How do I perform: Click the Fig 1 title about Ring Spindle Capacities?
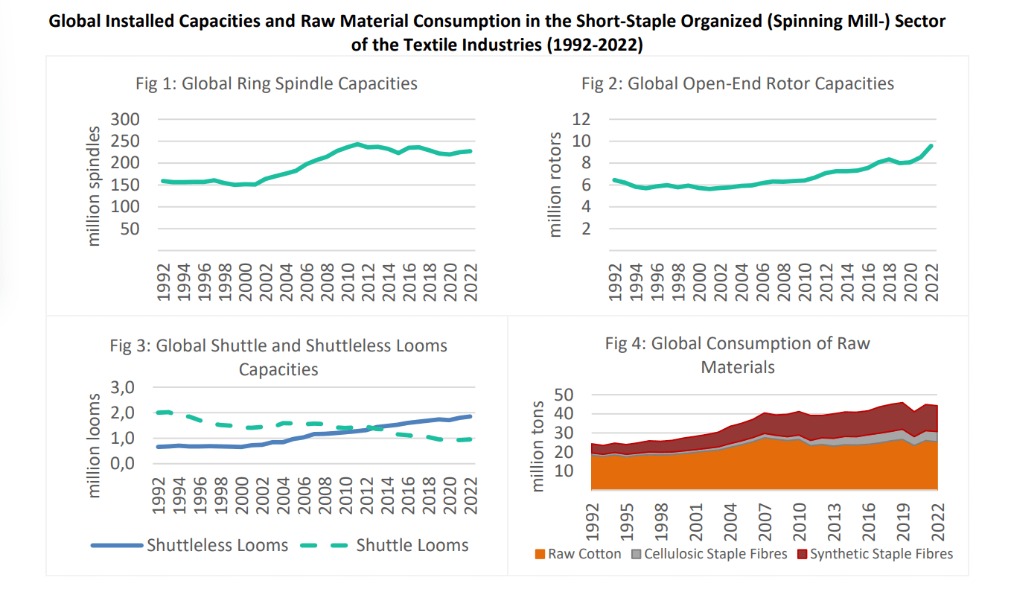276,83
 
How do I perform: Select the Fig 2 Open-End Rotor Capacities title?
738,83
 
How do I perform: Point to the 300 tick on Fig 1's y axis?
125,119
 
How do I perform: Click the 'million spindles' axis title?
94,186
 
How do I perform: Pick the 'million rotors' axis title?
555,185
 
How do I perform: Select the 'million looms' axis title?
94,445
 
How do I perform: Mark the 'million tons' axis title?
538,445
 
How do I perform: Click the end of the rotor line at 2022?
931,145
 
